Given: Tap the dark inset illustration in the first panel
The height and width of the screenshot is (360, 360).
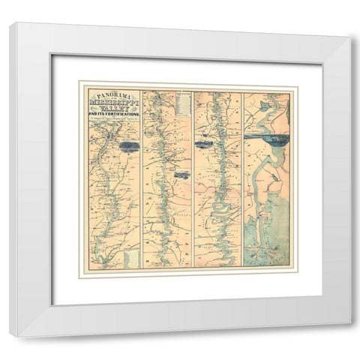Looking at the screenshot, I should tap(129, 147).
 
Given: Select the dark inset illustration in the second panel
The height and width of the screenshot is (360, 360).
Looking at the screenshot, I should tap(181, 174).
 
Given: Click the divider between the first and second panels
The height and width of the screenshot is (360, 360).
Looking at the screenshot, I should tap(142, 180).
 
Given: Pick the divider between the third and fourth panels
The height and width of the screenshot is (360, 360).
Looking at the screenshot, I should tap(243, 180).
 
